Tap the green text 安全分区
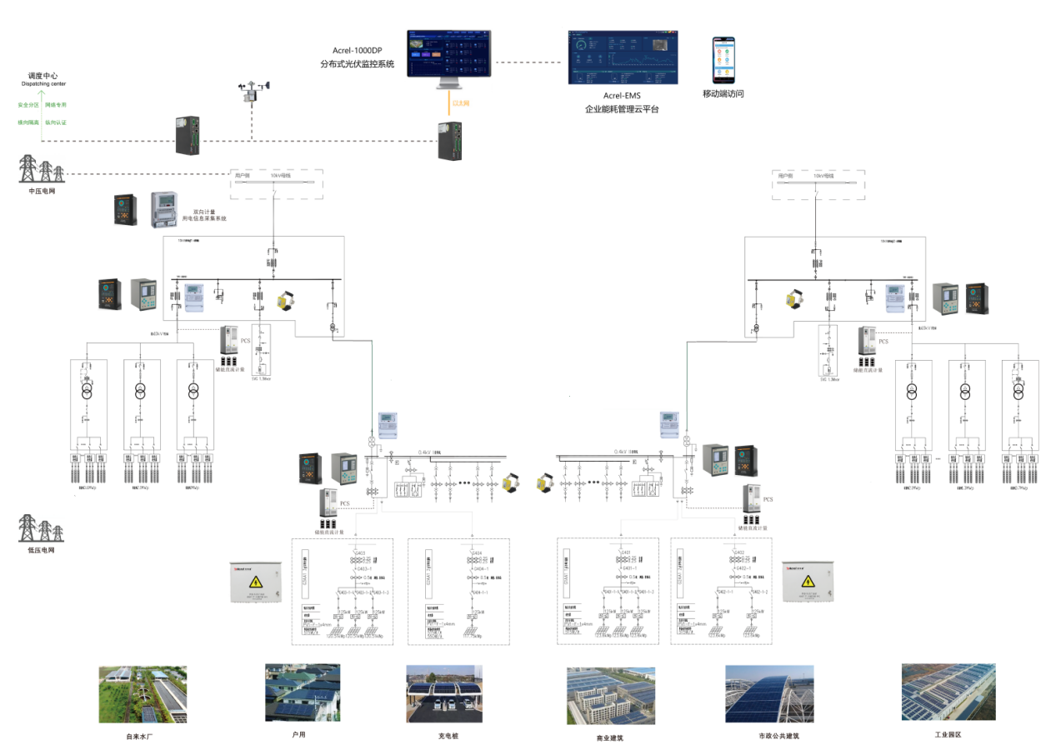click(x=28, y=105)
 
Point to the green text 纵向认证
click(x=56, y=122)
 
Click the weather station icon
click(x=253, y=92)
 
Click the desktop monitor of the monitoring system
click(x=448, y=57)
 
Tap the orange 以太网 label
click(x=460, y=102)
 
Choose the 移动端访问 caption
click(x=723, y=94)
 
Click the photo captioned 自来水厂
click(x=143, y=694)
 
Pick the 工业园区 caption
click(x=948, y=735)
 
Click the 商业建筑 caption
click(x=610, y=737)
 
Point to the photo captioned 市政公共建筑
click(x=768, y=693)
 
